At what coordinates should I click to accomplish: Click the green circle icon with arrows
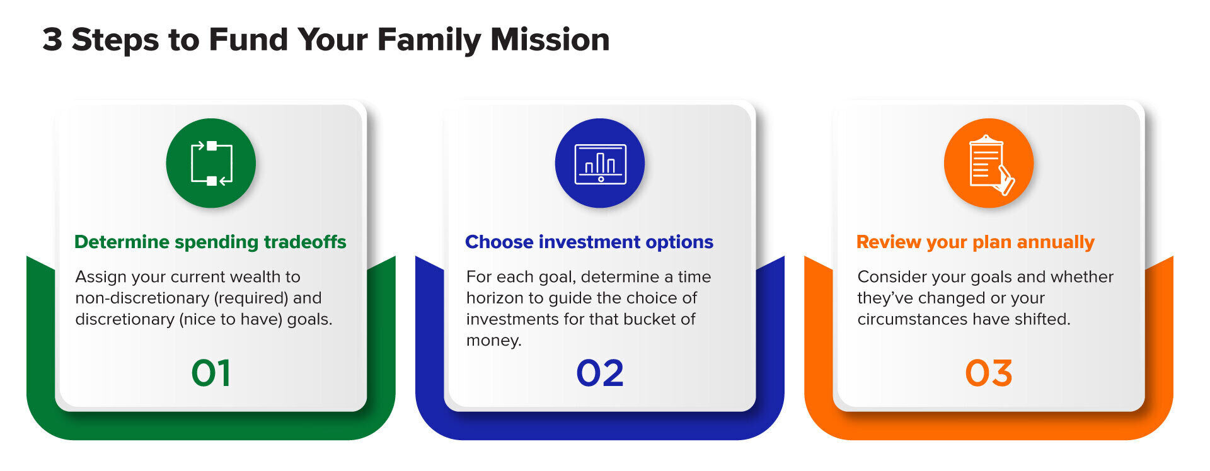point(210,163)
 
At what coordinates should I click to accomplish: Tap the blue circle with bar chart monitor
point(599,163)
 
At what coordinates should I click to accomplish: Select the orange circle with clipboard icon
point(988,163)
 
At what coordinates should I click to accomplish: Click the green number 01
point(210,373)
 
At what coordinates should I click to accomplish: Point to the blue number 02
point(599,373)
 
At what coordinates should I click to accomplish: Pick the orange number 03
point(988,373)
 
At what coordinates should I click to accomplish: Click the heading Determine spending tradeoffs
point(210,242)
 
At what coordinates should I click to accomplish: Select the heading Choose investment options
point(589,242)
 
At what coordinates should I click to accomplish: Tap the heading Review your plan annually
point(975,242)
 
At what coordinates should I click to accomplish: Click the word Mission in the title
point(550,39)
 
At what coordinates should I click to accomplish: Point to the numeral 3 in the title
point(52,39)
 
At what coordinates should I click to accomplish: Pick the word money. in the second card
point(493,341)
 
